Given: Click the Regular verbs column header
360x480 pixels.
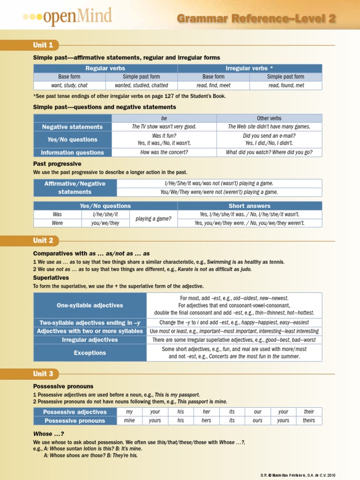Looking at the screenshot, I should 105,68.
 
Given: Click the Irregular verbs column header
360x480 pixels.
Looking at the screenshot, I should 249,68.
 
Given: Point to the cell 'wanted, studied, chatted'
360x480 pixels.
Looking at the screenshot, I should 141,85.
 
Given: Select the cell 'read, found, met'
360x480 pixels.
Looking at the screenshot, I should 285,85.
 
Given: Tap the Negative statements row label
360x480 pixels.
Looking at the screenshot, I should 72,127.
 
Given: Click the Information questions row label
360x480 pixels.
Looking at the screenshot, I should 72,152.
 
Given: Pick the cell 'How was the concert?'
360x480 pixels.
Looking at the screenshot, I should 164,152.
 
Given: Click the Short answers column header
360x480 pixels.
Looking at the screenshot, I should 249,206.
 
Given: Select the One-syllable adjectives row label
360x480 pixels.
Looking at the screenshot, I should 90,305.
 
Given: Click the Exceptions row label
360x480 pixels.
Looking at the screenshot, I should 90,352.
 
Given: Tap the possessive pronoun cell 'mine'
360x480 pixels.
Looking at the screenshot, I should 129,420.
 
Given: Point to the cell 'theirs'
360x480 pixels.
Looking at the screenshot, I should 309,420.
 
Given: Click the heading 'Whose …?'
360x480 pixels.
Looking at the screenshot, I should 48,434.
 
